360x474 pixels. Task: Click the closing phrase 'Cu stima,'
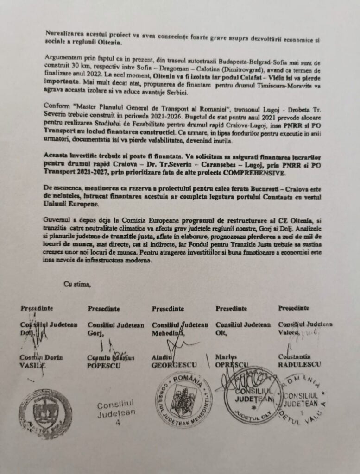tap(77, 284)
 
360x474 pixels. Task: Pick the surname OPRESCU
tap(232, 365)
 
